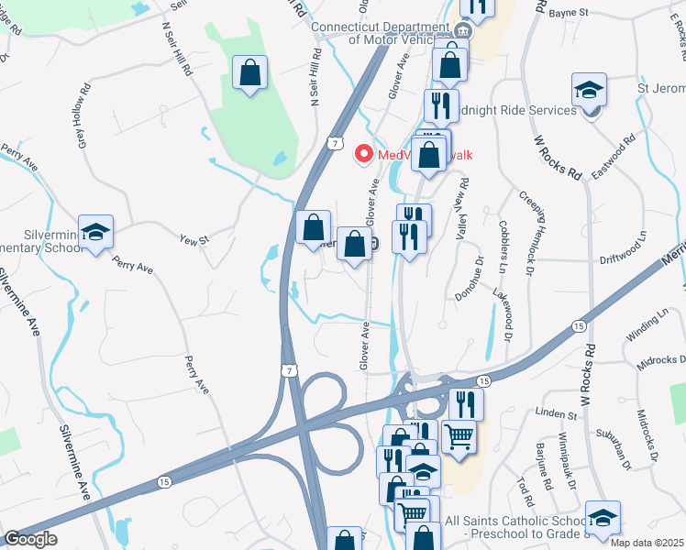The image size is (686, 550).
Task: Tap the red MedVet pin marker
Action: [x=364, y=154]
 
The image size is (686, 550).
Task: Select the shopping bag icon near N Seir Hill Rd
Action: [x=249, y=73]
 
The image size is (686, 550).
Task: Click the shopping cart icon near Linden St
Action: [x=459, y=436]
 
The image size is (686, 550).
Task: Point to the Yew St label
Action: [x=194, y=240]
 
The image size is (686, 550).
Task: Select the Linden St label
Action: [x=557, y=413]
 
